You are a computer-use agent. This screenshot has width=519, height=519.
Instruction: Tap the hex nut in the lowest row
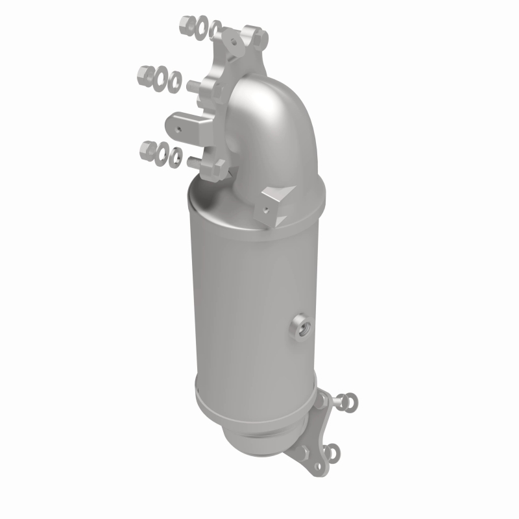148,151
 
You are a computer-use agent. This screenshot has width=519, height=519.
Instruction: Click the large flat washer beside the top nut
202,27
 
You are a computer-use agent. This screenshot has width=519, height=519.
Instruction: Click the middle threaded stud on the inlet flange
193,86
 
